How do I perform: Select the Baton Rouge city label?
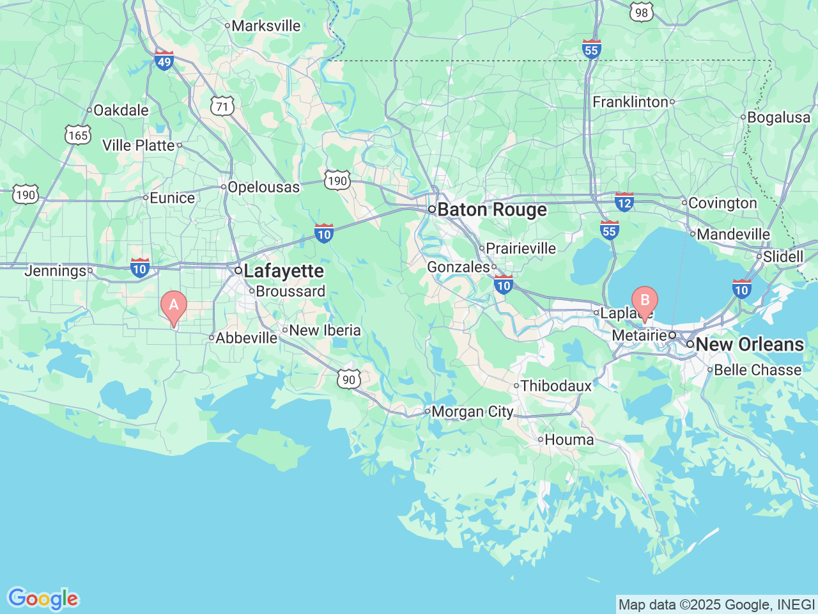[x=491, y=210]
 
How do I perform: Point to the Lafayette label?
[x=283, y=271]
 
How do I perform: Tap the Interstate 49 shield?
[x=164, y=60]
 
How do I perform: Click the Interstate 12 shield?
[x=624, y=202]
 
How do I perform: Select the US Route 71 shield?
[x=222, y=106]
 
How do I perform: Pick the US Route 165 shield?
[x=77, y=135]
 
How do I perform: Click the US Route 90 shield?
[x=348, y=379]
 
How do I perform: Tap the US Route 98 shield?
[x=642, y=12]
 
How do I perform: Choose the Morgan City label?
[x=472, y=412]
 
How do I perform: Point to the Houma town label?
[x=569, y=440]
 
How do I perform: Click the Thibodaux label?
[x=556, y=386]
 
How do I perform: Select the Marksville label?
[x=265, y=26]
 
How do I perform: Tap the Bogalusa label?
[x=778, y=118]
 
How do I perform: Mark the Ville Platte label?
[x=139, y=146]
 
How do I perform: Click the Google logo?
[x=43, y=599]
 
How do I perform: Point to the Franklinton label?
[x=630, y=102]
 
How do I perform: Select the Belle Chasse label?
[x=757, y=370]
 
